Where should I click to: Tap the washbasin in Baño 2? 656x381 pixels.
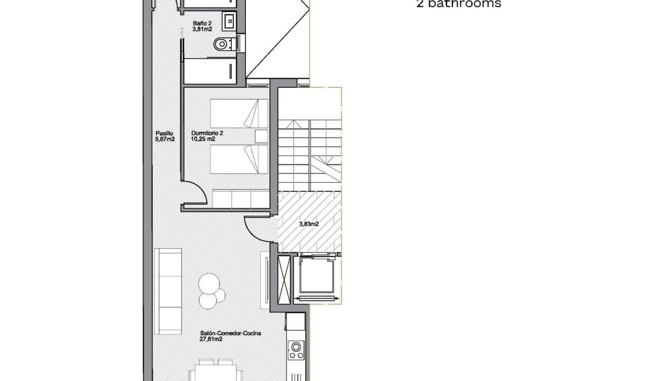point(229,21)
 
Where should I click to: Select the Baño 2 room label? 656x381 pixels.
point(202,23)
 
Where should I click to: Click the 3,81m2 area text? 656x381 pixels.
point(202,29)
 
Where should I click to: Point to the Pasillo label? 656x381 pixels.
point(165,133)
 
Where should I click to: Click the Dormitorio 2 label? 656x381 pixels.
point(207,133)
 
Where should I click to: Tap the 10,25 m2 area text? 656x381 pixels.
point(203,139)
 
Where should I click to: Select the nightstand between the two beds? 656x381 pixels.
point(261,137)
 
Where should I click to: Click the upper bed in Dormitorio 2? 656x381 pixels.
point(239,113)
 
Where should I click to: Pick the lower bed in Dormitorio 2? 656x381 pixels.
point(239,159)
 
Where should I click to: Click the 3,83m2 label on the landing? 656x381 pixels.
point(309,224)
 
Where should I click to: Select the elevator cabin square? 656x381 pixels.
point(317,275)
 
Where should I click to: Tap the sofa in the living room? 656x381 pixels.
point(168,292)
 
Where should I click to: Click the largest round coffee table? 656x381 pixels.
point(209,284)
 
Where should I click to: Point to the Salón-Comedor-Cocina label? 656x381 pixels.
point(231,333)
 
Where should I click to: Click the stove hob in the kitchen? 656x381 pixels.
point(296,350)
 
